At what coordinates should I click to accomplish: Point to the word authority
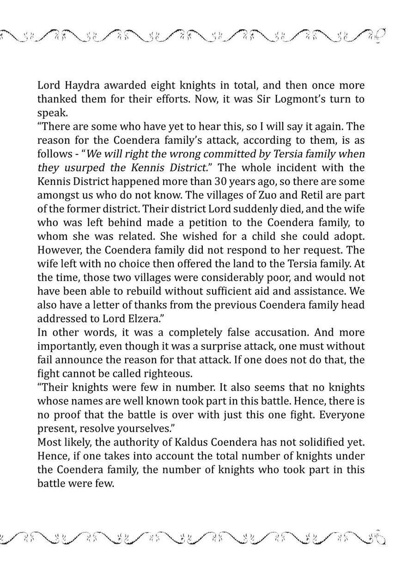[x=127, y=429]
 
